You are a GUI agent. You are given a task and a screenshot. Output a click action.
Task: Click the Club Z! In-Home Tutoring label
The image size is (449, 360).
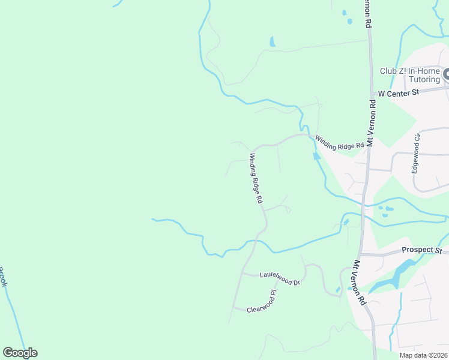click(411, 75)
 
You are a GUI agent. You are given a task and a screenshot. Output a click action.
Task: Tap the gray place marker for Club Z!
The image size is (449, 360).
click(447, 74)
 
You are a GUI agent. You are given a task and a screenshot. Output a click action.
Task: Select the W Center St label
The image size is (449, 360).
click(397, 93)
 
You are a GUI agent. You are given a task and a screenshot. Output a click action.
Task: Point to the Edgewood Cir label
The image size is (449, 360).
click(415, 153)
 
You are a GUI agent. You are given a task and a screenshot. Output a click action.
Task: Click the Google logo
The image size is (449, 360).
click(20, 353)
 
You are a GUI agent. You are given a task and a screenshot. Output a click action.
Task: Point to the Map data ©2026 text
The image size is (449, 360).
click(423, 355)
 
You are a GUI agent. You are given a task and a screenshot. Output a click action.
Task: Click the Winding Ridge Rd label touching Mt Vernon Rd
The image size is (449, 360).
click(340, 142)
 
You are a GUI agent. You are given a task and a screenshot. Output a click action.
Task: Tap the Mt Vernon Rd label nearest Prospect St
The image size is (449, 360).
click(360, 283)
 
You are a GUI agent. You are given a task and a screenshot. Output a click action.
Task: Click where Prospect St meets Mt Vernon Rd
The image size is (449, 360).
click(363, 254)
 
